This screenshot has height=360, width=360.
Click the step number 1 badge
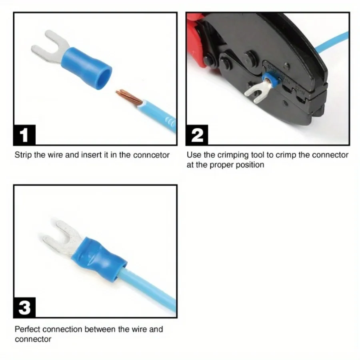[24, 134]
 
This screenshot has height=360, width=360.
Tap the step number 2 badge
[197, 134]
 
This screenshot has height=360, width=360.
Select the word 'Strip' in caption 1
[23, 155]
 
